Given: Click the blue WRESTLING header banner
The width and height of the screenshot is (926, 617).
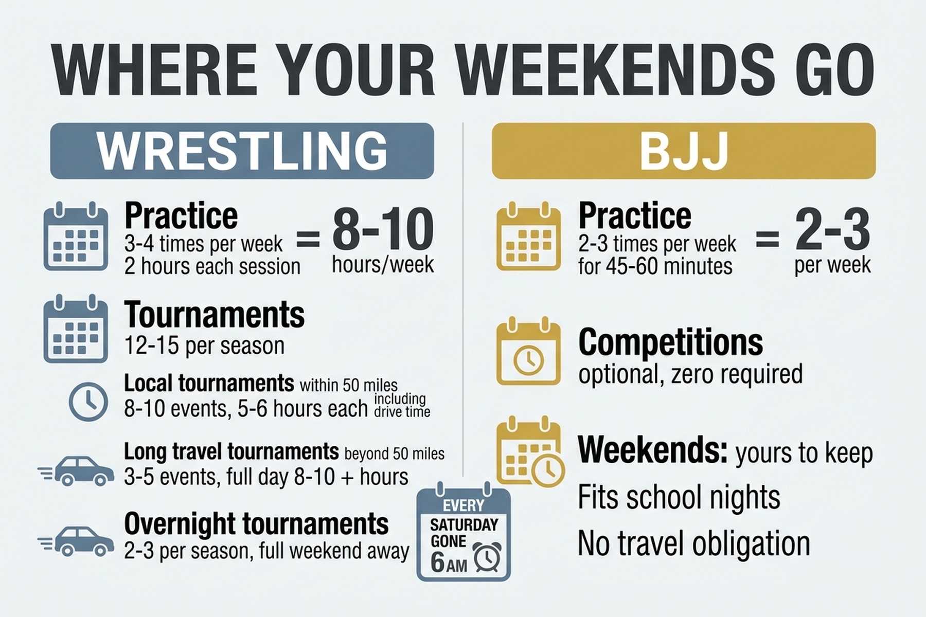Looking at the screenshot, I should (242, 151).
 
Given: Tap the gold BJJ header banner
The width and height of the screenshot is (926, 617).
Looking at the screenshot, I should (683, 151).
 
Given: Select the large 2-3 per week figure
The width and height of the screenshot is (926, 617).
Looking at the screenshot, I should (832, 230).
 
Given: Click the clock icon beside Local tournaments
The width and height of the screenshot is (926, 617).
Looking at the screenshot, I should (88, 401).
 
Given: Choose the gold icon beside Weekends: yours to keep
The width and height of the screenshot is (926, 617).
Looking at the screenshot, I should (530, 452).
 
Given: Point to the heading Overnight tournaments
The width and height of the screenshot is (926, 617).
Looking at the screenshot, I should (256, 523).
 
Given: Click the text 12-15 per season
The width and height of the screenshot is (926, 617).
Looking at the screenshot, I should (204, 346).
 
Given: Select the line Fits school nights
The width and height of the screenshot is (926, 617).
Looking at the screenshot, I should (679, 497).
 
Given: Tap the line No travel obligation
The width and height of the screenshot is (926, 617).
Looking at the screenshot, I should (693, 543).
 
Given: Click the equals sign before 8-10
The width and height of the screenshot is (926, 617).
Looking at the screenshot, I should (308, 239).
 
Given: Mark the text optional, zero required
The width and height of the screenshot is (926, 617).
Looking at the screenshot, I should (690, 374).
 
